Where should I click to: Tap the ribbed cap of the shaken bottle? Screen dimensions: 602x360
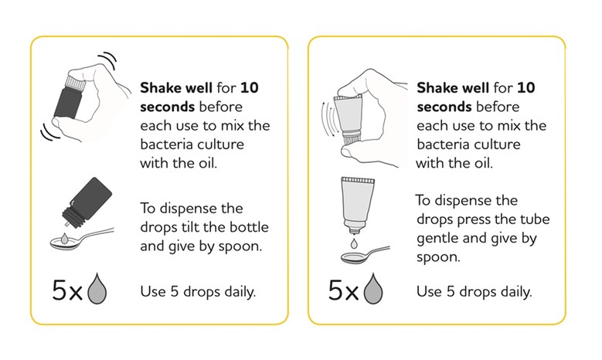coord(76,81)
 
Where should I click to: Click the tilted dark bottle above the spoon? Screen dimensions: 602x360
coord(87,202)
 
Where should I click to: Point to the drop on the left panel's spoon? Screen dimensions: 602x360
coord(64,239)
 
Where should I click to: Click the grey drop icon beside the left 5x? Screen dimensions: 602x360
coord(97,289)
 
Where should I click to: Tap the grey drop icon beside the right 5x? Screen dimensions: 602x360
coord(373,289)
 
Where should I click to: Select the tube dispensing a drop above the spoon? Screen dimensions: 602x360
coord(357,205)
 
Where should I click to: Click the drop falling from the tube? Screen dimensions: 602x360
coord(354,243)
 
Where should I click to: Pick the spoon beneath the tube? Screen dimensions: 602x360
coord(365,256)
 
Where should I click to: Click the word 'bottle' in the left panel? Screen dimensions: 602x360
coord(249,227)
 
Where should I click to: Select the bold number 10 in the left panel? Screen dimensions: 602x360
coord(249,88)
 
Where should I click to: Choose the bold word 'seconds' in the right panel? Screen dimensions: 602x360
coord(444,107)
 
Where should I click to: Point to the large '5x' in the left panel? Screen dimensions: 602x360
coord(67,290)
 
